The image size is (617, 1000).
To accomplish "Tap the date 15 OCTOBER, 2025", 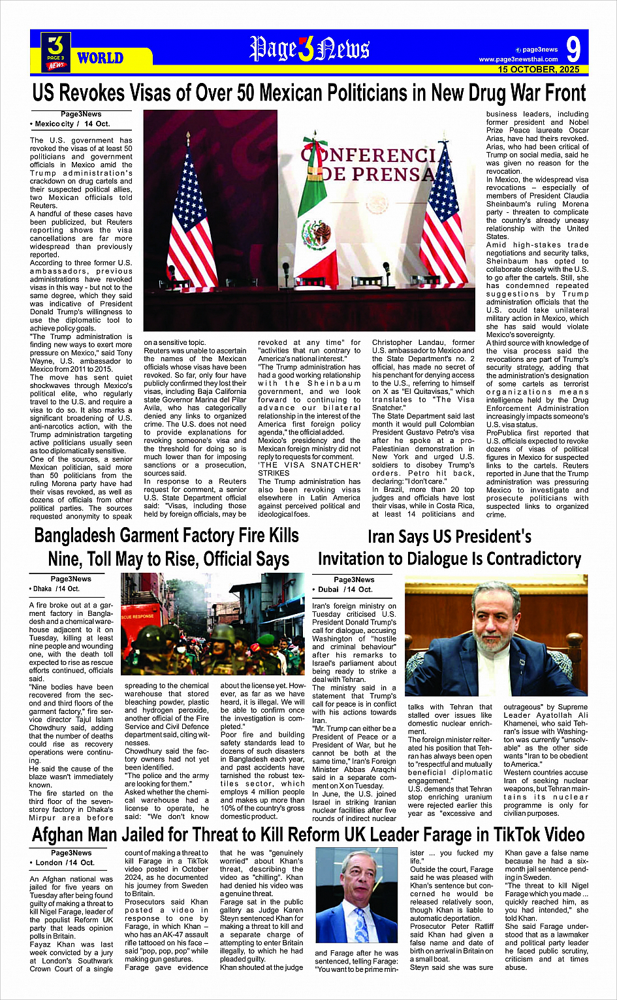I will tap(538, 69).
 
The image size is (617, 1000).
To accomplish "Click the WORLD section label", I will tap(100, 58).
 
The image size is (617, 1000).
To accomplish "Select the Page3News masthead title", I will tap(309, 49).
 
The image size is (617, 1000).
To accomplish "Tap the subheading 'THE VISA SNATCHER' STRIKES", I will tap(309, 469).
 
